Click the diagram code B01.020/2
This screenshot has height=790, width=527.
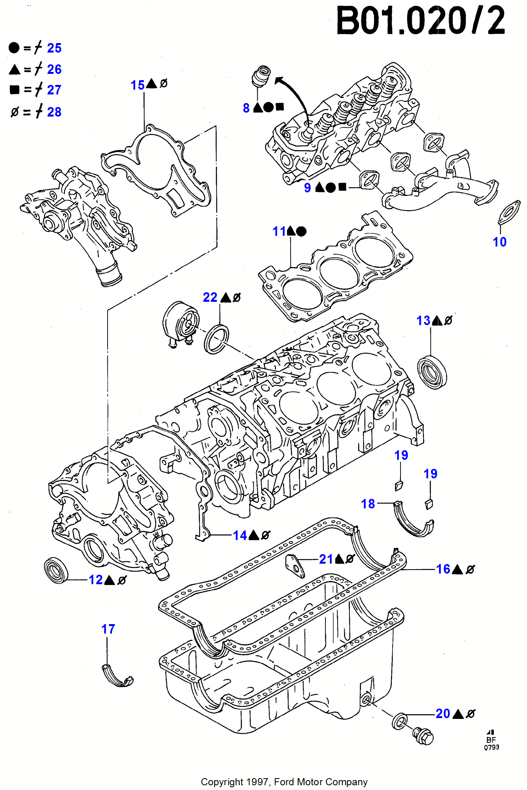pyautogui.click(x=420, y=21)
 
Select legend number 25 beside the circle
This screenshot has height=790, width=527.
pyautogui.click(x=54, y=48)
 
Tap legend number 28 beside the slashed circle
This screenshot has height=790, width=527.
pyautogui.click(x=54, y=112)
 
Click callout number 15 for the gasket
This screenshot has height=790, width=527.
pyautogui.click(x=138, y=85)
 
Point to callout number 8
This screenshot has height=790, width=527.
pyautogui.click(x=246, y=108)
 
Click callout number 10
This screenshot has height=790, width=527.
pyautogui.click(x=499, y=242)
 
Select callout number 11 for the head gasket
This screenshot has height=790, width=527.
pyautogui.click(x=279, y=231)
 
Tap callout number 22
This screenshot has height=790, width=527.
pyautogui.click(x=210, y=297)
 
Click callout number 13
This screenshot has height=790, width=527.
pyautogui.click(x=423, y=320)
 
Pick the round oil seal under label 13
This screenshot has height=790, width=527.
pyautogui.click(x=432, y=372)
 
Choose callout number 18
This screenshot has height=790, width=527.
pyautogui.click(x=368, y=504)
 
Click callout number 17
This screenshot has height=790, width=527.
pyautogui.click(x=108, y=629)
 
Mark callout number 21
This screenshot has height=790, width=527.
pyautogui.click(x=326, y=559)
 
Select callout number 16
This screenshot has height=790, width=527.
pyautogui.click(x=443, y=569)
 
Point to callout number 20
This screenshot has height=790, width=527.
pyautogui.click(x=443, y=713)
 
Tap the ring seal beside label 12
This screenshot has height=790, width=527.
pyautogui.click(x=56, y=570)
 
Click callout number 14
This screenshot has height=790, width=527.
pyautogui.click(x=240, y=535)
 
